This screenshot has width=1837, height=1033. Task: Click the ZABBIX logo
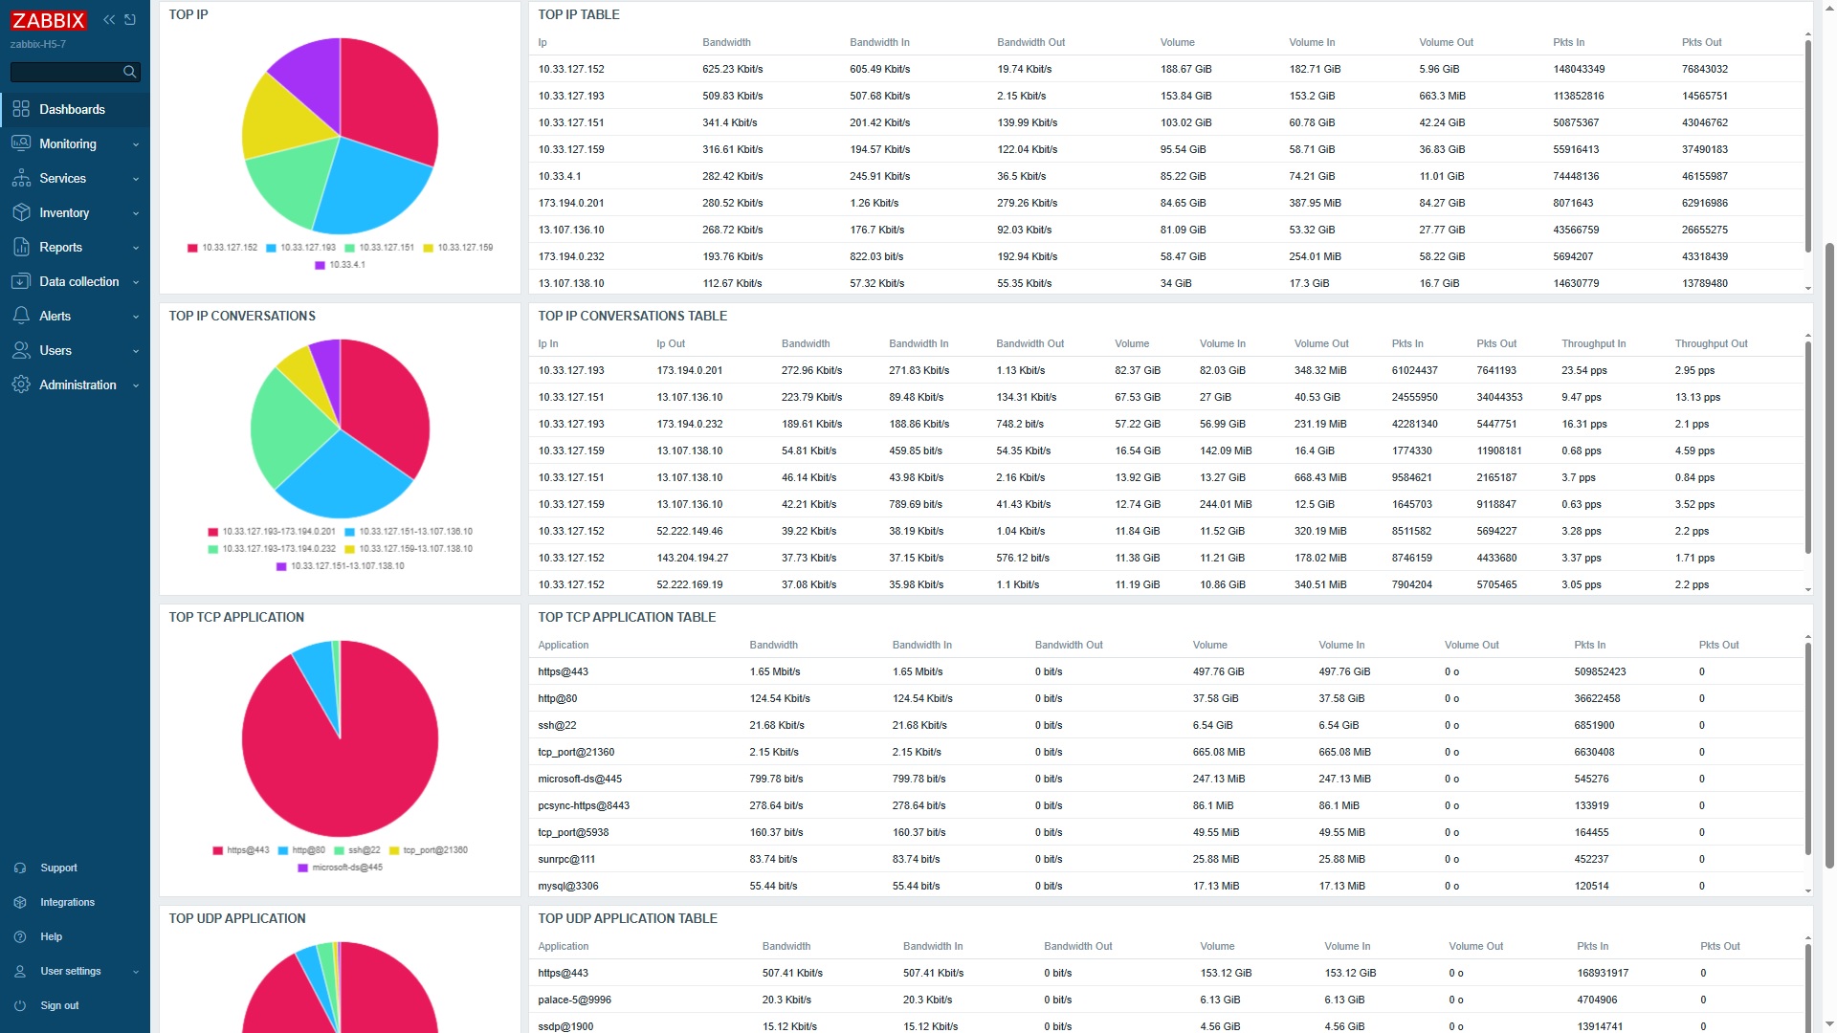pos(49,20)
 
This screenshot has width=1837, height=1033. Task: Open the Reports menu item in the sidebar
pos(60,247)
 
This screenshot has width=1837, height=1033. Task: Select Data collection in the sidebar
pos(78,281)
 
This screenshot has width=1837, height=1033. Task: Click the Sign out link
pos(59,1005)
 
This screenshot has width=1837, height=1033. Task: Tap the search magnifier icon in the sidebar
pos(129,72)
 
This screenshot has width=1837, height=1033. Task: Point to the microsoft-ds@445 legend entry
pos(346,868)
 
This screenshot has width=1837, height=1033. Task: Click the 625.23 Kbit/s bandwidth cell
pos(732,69)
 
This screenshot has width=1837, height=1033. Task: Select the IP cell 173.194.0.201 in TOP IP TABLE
pos(570,203)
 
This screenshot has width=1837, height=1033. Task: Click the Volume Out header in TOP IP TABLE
pos(1446,42)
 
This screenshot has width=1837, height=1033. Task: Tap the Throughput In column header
pos(1593,343)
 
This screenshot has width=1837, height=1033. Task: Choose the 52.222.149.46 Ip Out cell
pos(689,531)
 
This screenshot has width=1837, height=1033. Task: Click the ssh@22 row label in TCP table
pos(557,725)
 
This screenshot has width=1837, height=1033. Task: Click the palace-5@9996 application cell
pos(574,1000)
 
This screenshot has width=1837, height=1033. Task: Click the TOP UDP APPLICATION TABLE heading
pos(627,918)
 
